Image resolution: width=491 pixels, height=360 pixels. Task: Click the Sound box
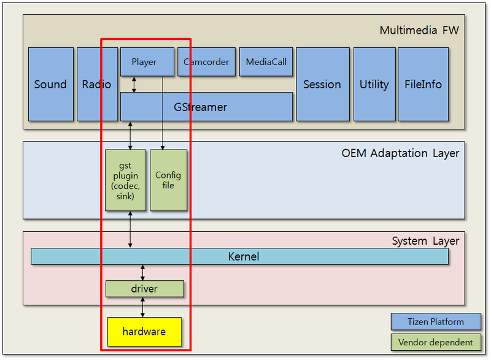click(50, 84)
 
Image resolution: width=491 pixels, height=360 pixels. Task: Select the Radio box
click(97, 84)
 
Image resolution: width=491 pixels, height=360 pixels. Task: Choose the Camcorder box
click(206, 62)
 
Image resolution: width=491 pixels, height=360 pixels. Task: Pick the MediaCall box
click(266, 62)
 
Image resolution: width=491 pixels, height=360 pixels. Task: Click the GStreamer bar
click(206, 107)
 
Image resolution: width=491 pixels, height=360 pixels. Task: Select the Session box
click(322, 84)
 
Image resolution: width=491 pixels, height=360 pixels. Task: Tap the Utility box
click(374, 84)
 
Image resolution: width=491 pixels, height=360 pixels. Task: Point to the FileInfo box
click(423, 84)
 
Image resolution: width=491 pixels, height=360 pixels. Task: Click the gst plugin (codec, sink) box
click(125, 180)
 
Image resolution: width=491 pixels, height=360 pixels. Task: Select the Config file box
click(168, 180)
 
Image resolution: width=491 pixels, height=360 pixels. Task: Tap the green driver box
click(144, 288)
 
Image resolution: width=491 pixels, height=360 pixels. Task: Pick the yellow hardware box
click(144, 332)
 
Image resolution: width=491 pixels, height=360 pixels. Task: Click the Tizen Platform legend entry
click(435, 322)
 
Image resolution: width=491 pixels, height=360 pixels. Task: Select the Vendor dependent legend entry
click(435, 342)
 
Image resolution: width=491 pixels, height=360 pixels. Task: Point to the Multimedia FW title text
click(419, 30)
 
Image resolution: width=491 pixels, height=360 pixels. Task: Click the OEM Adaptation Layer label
click(400, 153)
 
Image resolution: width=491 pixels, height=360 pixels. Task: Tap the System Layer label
click(425, 241)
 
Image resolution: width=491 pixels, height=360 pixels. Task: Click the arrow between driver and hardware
click(143, 307)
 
